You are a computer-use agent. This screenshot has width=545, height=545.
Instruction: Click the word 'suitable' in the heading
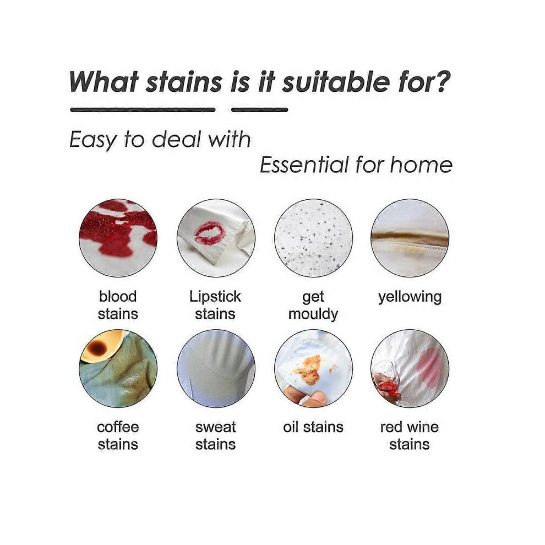pos(335,82)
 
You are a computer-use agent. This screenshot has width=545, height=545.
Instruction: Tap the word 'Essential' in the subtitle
pos(304,165)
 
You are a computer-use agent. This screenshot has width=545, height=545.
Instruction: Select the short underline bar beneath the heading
pos(260,110)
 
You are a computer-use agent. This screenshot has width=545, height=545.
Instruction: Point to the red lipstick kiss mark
pos(209,233)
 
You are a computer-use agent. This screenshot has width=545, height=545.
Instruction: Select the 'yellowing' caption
pos(410,297)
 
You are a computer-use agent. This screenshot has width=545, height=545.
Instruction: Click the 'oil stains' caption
pos(313,427)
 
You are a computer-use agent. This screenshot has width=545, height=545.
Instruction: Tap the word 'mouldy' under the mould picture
pos(313,314)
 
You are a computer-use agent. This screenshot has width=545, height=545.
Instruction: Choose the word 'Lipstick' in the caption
pos(215,297)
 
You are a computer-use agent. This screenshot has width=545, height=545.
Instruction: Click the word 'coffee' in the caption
pos(118,427)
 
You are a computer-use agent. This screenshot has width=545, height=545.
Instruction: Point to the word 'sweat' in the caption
pos(215,427)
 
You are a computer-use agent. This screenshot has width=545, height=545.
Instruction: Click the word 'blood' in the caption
pos(118,297)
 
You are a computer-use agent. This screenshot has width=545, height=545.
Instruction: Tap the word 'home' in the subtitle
pos(421,165)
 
